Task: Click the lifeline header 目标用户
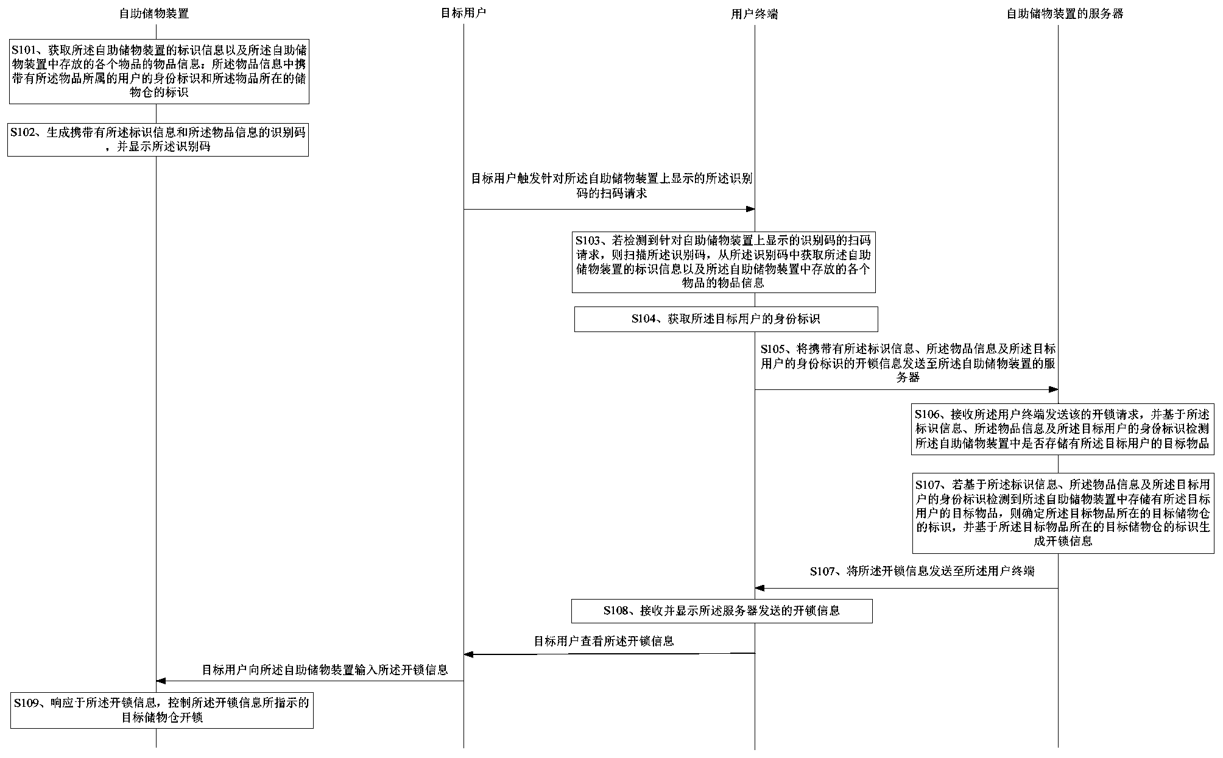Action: [x=463, y=13]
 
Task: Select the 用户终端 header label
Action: [x=754, y=14]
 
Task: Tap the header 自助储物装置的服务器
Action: [x=1064, y=13]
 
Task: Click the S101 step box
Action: [x=158, y=71]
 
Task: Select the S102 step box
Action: [x=158, y=140]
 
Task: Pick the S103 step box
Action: [x=724, y=261]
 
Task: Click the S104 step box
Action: [x=725, y=319]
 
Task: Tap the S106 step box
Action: [x=1062, y=429]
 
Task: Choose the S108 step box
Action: [x=722, y=611]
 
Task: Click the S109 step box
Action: [x=161, y=710]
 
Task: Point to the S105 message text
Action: [x=908, y=363]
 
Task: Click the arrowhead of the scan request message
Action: [x=750, y=210]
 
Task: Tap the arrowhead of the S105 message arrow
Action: [x=1053, y=389]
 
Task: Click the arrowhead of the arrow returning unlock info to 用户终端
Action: [x=760, y=588]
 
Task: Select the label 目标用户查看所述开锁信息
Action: [x=604, y=641]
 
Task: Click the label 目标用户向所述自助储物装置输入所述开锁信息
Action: [x=325, y=670]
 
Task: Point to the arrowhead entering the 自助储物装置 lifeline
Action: [x=161, y=681]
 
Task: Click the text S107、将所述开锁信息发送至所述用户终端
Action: [x=922, y=571]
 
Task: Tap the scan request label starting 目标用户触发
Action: [x=611, y=186]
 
